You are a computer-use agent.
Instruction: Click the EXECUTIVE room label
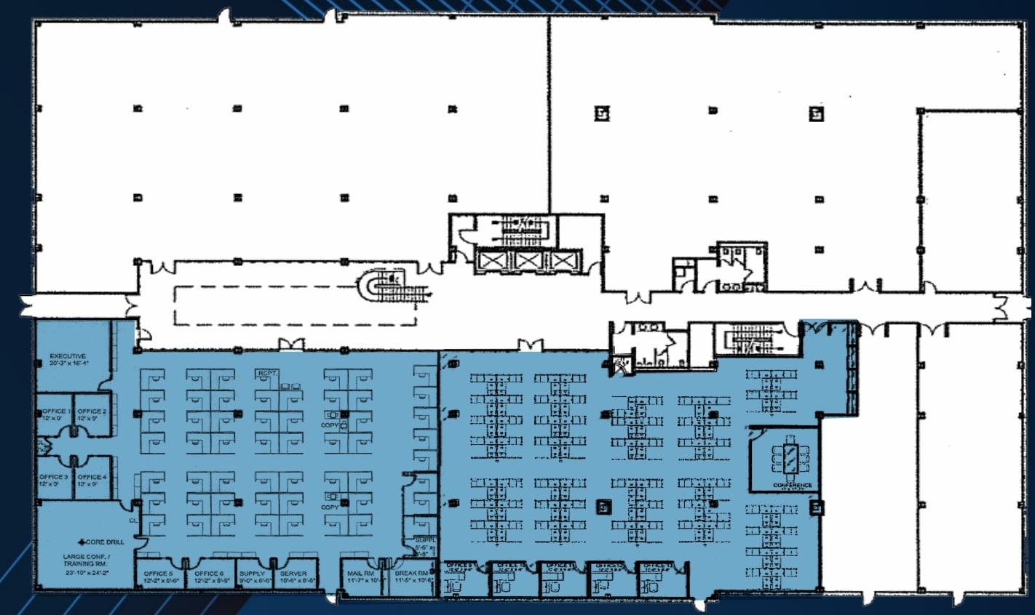pos(68,356)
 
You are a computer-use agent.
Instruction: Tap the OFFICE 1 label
pos(55,411)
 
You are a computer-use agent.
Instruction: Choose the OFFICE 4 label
pos(92,477)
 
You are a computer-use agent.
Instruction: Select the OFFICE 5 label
pos(159,574)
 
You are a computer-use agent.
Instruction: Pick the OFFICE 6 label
pos(210,574)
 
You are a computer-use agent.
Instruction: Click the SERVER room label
pos(294,574)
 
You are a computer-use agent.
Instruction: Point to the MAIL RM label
pos(361,574)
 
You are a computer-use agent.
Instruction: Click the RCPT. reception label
pos(264,374)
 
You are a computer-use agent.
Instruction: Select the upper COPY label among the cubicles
pos(330,425)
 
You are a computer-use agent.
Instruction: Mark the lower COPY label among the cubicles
pos(330,507)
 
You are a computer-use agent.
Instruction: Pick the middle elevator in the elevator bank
pos(526,260)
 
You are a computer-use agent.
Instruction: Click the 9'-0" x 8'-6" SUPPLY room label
pos(253,574)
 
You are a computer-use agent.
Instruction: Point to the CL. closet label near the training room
pos(133,521)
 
